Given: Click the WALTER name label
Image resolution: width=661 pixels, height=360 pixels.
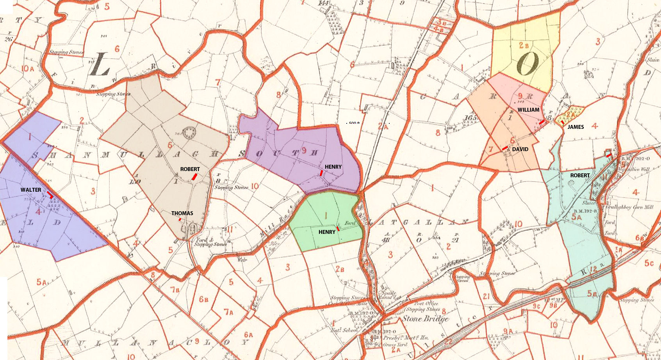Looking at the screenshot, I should click(x=31, y=190).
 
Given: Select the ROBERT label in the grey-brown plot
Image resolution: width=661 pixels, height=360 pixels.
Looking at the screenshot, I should click(x=190, y=169).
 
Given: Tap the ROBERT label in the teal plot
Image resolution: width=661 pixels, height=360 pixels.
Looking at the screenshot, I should click(x=580, y=175).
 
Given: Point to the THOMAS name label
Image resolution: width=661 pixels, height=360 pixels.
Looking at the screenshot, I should click(x=182, y=213).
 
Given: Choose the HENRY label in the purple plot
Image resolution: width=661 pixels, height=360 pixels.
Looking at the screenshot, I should click(x=333, y=167).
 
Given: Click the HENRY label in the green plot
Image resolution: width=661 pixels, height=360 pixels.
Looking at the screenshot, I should click(x=327, y=232).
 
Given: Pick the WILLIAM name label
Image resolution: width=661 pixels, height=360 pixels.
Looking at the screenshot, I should click(x=528, y=110).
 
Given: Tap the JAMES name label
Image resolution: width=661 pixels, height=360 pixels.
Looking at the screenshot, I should click(x=575, y=127).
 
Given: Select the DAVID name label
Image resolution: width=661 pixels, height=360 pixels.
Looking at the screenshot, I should click(x=520, y=149).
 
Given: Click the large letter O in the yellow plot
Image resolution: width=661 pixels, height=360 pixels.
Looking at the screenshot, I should click(x=528, y=64).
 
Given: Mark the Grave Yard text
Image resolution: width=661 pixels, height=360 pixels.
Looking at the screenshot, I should click(x=395, y=345).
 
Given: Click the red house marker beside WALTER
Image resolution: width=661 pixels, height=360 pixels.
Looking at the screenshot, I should click(x=50, y=194).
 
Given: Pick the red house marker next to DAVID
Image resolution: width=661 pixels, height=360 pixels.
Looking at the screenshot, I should click(x=505, y=148).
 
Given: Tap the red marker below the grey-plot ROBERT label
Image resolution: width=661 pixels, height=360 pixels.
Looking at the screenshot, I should click(x=194, y=177).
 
